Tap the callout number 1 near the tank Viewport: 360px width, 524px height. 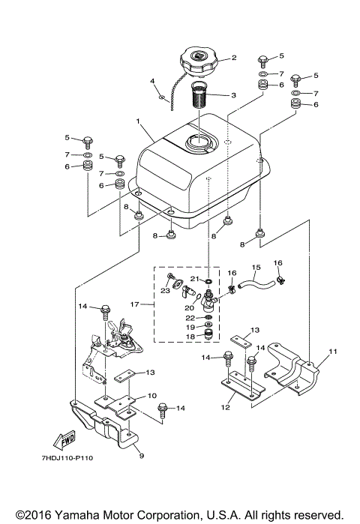pos(137,121)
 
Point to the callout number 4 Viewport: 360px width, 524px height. pos(152,81)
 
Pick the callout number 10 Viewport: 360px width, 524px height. pos(151,395)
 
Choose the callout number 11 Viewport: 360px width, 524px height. pos(332,351)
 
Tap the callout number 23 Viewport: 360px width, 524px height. pos(164,291)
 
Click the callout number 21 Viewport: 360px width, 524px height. pos(193,278)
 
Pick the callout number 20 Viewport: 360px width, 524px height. pos(190,306)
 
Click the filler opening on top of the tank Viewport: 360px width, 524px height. pos(202,142)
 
